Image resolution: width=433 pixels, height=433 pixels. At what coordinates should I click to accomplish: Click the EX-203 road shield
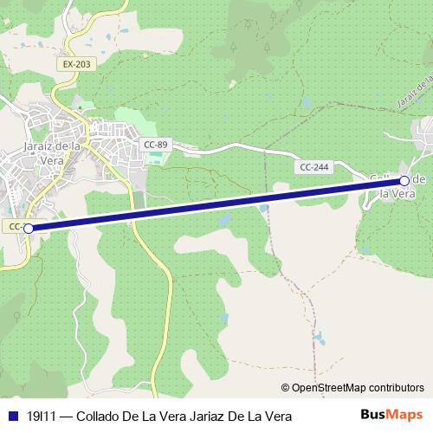pyautogui.click(x=76, y=64)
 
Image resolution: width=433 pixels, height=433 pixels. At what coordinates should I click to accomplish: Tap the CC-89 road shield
pyautogui.click(x=155, y=144)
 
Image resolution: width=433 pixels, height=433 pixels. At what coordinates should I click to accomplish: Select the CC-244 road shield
pyautogui.click(x=314, y=166)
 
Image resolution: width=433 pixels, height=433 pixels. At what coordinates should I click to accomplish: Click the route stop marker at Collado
pyautogui.click(x=404, y=180)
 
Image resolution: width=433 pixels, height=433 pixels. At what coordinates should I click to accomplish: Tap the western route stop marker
pyautogui.click(x=29, y=229)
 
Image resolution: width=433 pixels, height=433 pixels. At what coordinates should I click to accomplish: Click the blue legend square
pyautogui.click(x=12, y=417)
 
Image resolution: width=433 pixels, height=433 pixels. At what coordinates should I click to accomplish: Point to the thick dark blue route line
pyautogui.click(x=216, y=204)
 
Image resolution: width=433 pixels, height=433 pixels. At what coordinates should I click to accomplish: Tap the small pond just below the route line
pyautogui.click(x=226, y=221)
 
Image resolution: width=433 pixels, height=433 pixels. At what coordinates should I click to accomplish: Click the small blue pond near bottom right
pyautogui.click(x=320, y=337)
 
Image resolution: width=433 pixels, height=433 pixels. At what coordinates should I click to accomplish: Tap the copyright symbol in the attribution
pyautogui.click(x=285, y=388)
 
